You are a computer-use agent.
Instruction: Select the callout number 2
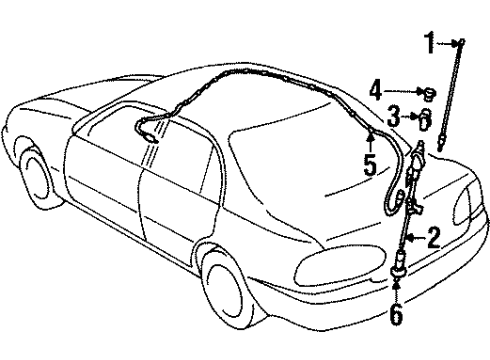(432, 237)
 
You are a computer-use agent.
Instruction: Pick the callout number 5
(370, 164)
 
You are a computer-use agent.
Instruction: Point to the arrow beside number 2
(415, 237)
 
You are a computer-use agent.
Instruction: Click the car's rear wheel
(222, 281)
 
